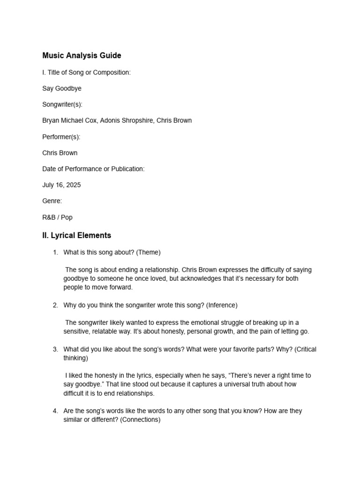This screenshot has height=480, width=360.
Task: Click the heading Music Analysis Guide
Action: pyautogui.click(x=82, y=55)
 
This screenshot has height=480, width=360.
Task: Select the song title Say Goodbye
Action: pyautogui.click(x=62, y=88)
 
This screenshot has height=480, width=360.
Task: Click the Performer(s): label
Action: pyautogui.click(x=61, y=137)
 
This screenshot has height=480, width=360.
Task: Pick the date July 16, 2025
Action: pyautogui.click(x=61, y=185)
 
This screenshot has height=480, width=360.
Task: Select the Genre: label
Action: pyautogui.click(x=52, y=201)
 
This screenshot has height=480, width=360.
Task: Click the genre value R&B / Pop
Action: pyautogui.click(x=57, y=217)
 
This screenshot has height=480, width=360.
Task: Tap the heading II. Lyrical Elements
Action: pyautogui.click(x=76, y=235)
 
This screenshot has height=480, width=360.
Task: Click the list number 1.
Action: pyautogui.click(x=55, y=253)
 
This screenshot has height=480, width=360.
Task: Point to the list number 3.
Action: pyautogui.click(x=55, y=349)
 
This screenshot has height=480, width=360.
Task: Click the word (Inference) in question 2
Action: pyautogui.click(x=222, y=305)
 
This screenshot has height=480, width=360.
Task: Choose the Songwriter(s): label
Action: pyautogui.click(x=62, y=105)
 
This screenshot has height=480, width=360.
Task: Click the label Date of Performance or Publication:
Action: pyautogui.click(x=93, y=169)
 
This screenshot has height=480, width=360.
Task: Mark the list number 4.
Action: pyautogui.click(x=55, y=411)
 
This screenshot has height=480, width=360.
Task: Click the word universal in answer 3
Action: pyautogui.click(x=211, y=384)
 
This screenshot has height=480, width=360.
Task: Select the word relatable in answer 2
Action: pyautogui.click(x=106, y=331)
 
